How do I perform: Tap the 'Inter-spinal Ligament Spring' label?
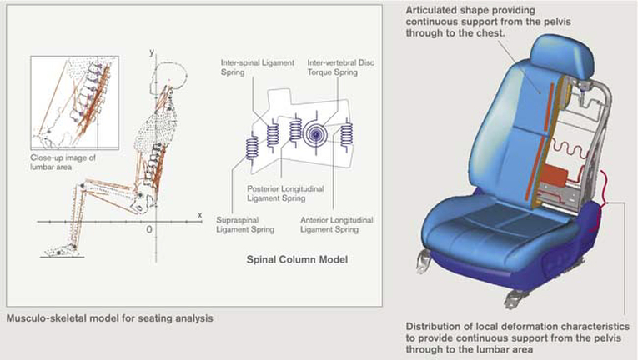tap(248, 66)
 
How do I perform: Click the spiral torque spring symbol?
tap(318, 133)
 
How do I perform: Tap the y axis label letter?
tap(153, 52)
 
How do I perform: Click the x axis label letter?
tap(199, 214)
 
